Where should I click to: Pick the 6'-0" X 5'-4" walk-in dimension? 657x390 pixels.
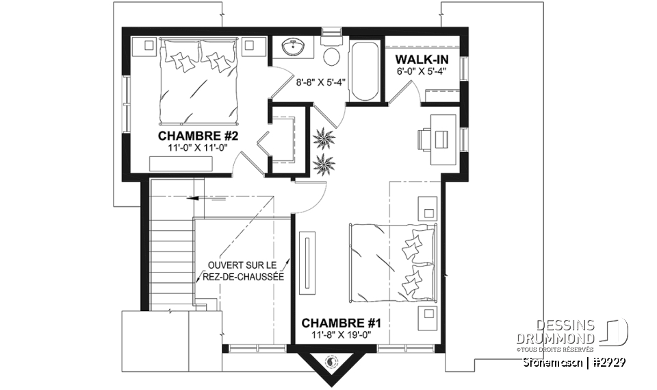point(420,71)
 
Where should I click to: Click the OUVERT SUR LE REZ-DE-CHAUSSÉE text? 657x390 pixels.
point(244,271)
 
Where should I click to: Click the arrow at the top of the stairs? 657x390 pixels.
point(194,197)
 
